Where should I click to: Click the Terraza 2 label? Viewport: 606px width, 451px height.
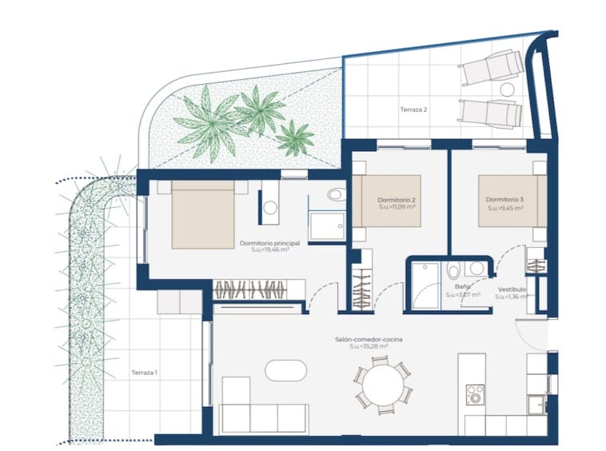414,110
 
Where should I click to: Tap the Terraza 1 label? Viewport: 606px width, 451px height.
144,373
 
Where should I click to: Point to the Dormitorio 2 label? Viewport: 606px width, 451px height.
397,199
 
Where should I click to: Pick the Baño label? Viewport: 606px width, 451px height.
462,286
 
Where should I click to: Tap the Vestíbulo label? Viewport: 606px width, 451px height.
512,289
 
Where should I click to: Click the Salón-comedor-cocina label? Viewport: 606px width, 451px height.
369,340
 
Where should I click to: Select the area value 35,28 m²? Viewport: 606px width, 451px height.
369,347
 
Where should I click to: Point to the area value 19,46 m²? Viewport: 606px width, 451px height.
269,250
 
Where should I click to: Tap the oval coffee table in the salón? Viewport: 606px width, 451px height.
285,371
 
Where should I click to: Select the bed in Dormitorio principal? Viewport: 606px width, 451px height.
202,214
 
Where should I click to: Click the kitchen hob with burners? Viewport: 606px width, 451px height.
475,393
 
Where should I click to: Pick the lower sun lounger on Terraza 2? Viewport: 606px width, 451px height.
490,112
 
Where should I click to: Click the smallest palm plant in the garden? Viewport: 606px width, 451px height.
295,138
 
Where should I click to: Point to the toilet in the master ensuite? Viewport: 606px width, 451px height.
336,195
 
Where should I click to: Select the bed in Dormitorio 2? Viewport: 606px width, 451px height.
387,201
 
